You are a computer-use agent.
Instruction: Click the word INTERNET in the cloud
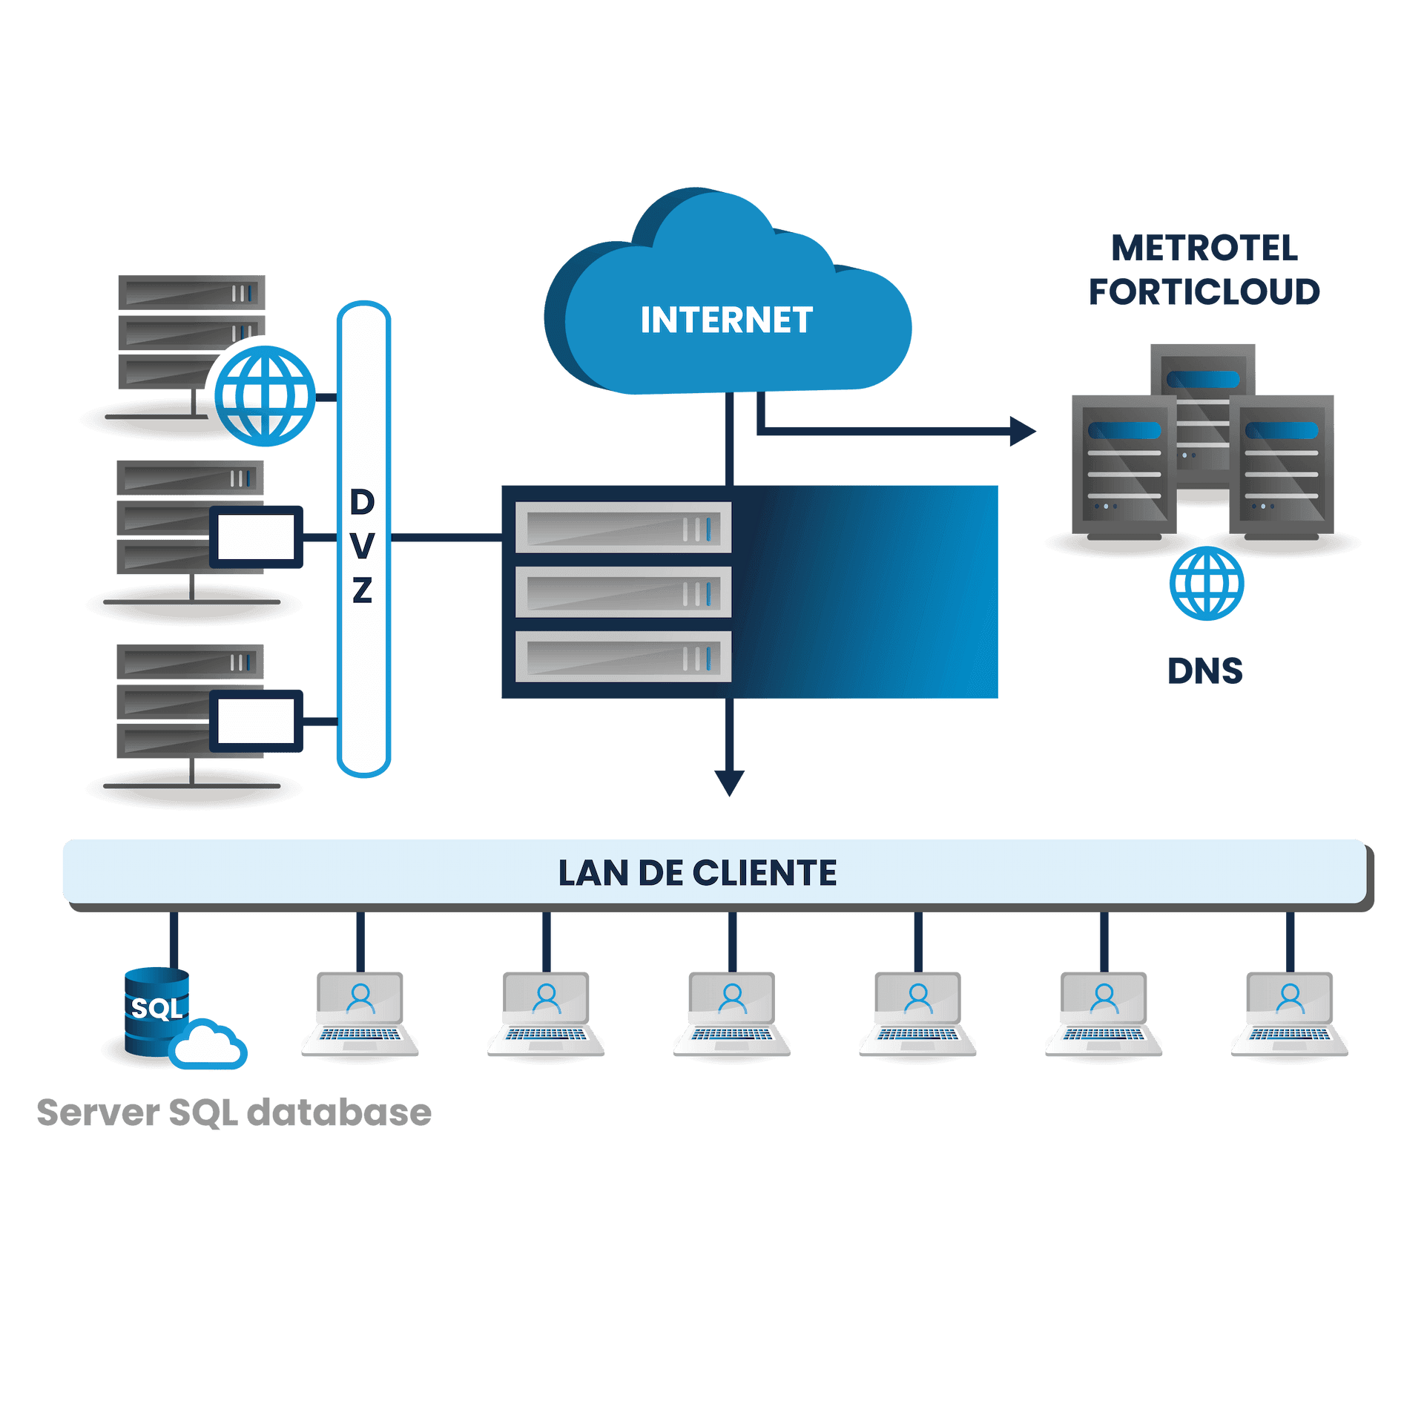[726, 320]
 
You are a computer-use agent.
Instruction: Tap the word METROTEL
[1204, 248]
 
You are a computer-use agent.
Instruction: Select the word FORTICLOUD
[1204, 291]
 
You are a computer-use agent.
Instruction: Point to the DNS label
[1204, 671]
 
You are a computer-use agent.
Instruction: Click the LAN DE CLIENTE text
[697, 873]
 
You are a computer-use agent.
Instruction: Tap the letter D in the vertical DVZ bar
[363, 503]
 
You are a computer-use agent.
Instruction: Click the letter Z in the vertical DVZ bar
[363, 590]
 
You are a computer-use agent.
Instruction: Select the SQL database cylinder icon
[156, 1009]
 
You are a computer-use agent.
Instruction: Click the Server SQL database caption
[234, 1112]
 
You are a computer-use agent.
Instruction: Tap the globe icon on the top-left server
[266, 396]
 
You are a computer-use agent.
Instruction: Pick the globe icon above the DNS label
[1207, 583]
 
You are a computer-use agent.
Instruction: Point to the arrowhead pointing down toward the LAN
[729, 782]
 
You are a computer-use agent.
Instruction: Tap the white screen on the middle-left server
[257, 537]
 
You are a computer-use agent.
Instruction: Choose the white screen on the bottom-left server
[257, 721]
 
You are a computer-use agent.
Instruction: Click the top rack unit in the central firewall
[623, 528]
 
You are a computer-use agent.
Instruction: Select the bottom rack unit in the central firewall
[623, 656]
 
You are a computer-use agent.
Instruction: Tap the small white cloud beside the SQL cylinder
[208, 1045]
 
